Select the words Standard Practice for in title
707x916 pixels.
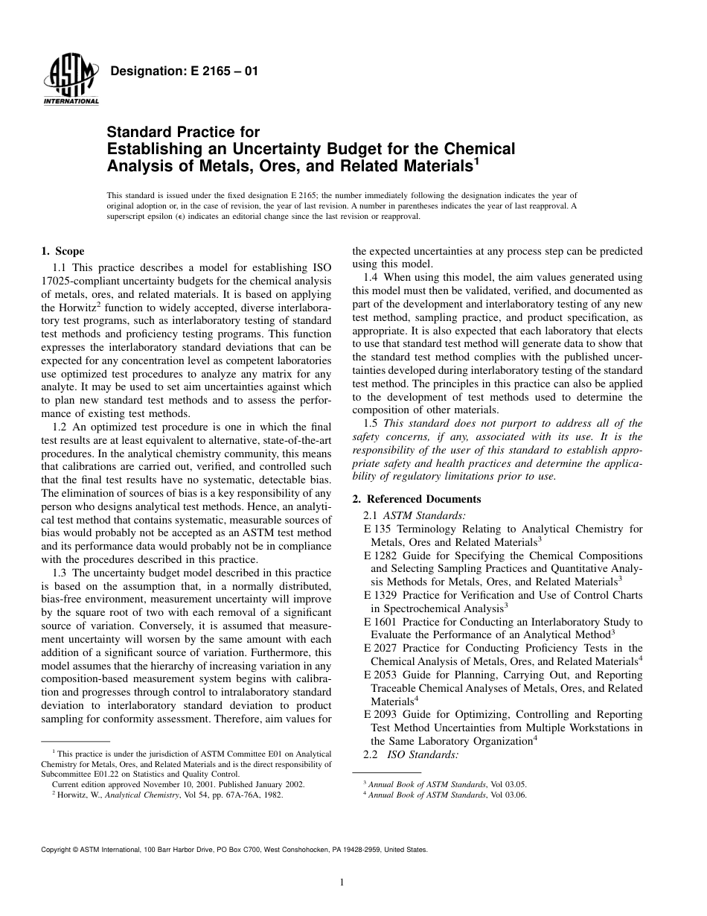click(x=184, y=133)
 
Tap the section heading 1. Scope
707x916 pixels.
click(x=63, y=252)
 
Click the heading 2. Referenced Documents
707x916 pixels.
click(x=416, y=499)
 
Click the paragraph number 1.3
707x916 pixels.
click(x=61, y=573)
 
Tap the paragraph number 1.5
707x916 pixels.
click(x=371, y=423)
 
